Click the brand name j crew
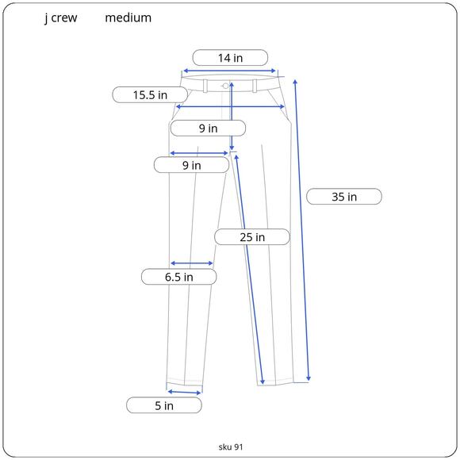tap(61, 18)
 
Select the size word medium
tap(128, 18)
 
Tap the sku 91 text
tap(231, 447)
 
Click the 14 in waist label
tap(230, 58)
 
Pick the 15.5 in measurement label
tap(150, 94)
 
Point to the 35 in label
tap(344, 197)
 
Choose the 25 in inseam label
tap(252, 237)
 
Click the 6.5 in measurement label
tap(179, 277)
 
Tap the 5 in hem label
tap(164, 405)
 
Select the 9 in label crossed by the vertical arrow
tap(208, 128)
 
